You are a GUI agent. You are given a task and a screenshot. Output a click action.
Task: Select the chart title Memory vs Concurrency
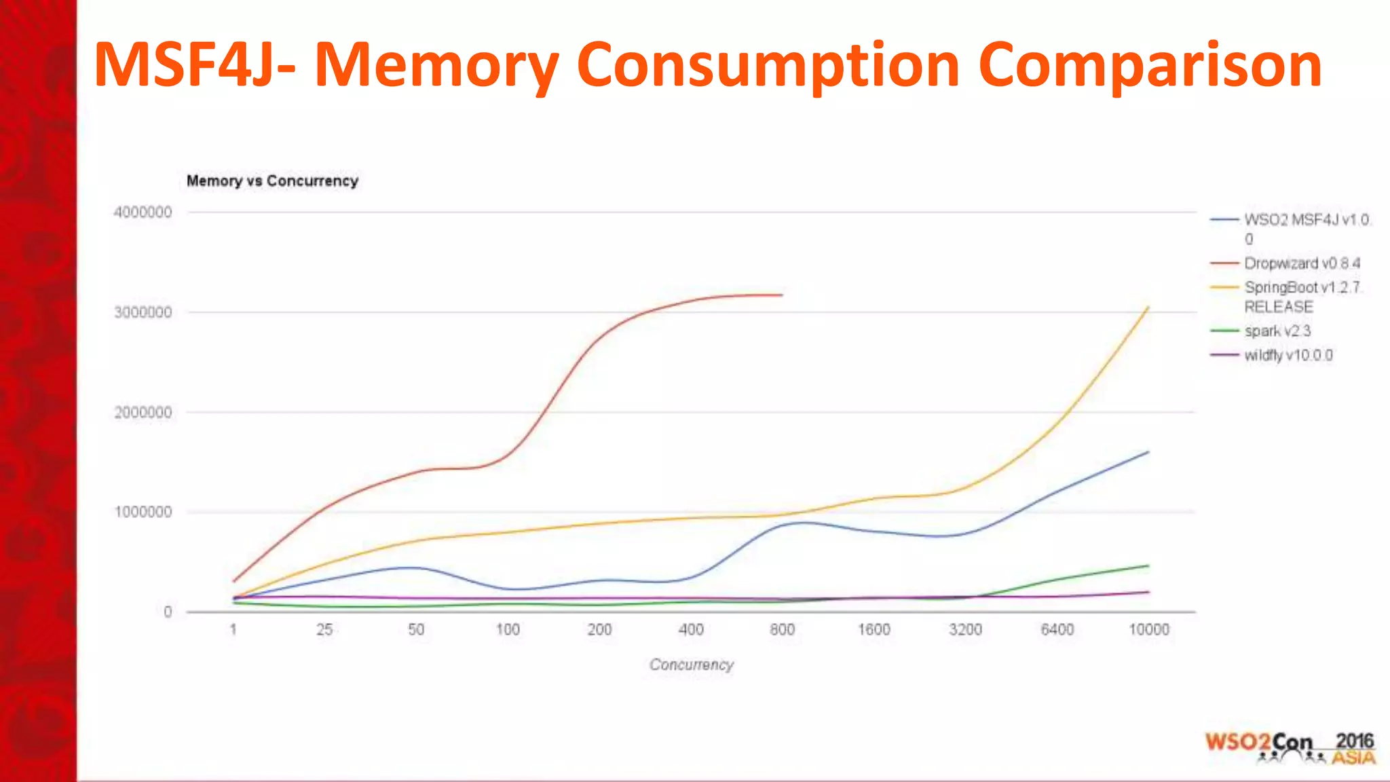tap(272, 181)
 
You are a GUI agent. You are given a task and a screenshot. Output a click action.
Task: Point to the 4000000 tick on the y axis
tap(143, 212)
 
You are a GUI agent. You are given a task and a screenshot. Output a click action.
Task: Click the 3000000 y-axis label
tap(143, 312)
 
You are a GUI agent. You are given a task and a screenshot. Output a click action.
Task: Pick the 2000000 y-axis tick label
tap(143, 412)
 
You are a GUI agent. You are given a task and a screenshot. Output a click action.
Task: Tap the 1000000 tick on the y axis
tap(143, 512)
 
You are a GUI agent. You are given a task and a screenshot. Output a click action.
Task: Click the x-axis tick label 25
tap(324, 630)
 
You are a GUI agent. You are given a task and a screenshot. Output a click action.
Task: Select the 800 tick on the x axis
tap(782, 630)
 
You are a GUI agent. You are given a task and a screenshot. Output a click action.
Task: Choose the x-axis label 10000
tap(1148, 630)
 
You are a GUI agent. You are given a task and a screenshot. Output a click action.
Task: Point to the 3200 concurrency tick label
tap(965, 630)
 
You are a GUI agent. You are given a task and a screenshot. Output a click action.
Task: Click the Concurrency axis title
tap(691, 665)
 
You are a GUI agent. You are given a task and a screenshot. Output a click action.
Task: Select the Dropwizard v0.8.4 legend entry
tap(1301, 263)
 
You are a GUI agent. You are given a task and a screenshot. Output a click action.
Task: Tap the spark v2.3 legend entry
tap(1277, 331)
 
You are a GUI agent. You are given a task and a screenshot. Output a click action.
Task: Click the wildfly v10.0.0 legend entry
tap(1288, 356)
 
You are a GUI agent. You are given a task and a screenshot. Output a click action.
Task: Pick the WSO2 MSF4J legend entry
tap(1306, 220)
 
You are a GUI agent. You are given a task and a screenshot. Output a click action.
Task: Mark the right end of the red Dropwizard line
tap(782, 295)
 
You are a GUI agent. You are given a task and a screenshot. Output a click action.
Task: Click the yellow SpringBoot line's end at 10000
tap(1148, 308)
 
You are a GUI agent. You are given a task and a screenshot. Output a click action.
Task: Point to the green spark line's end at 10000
tap(1148, 565)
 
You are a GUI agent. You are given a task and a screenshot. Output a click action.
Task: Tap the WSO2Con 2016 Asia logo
tap(1290, 748)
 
